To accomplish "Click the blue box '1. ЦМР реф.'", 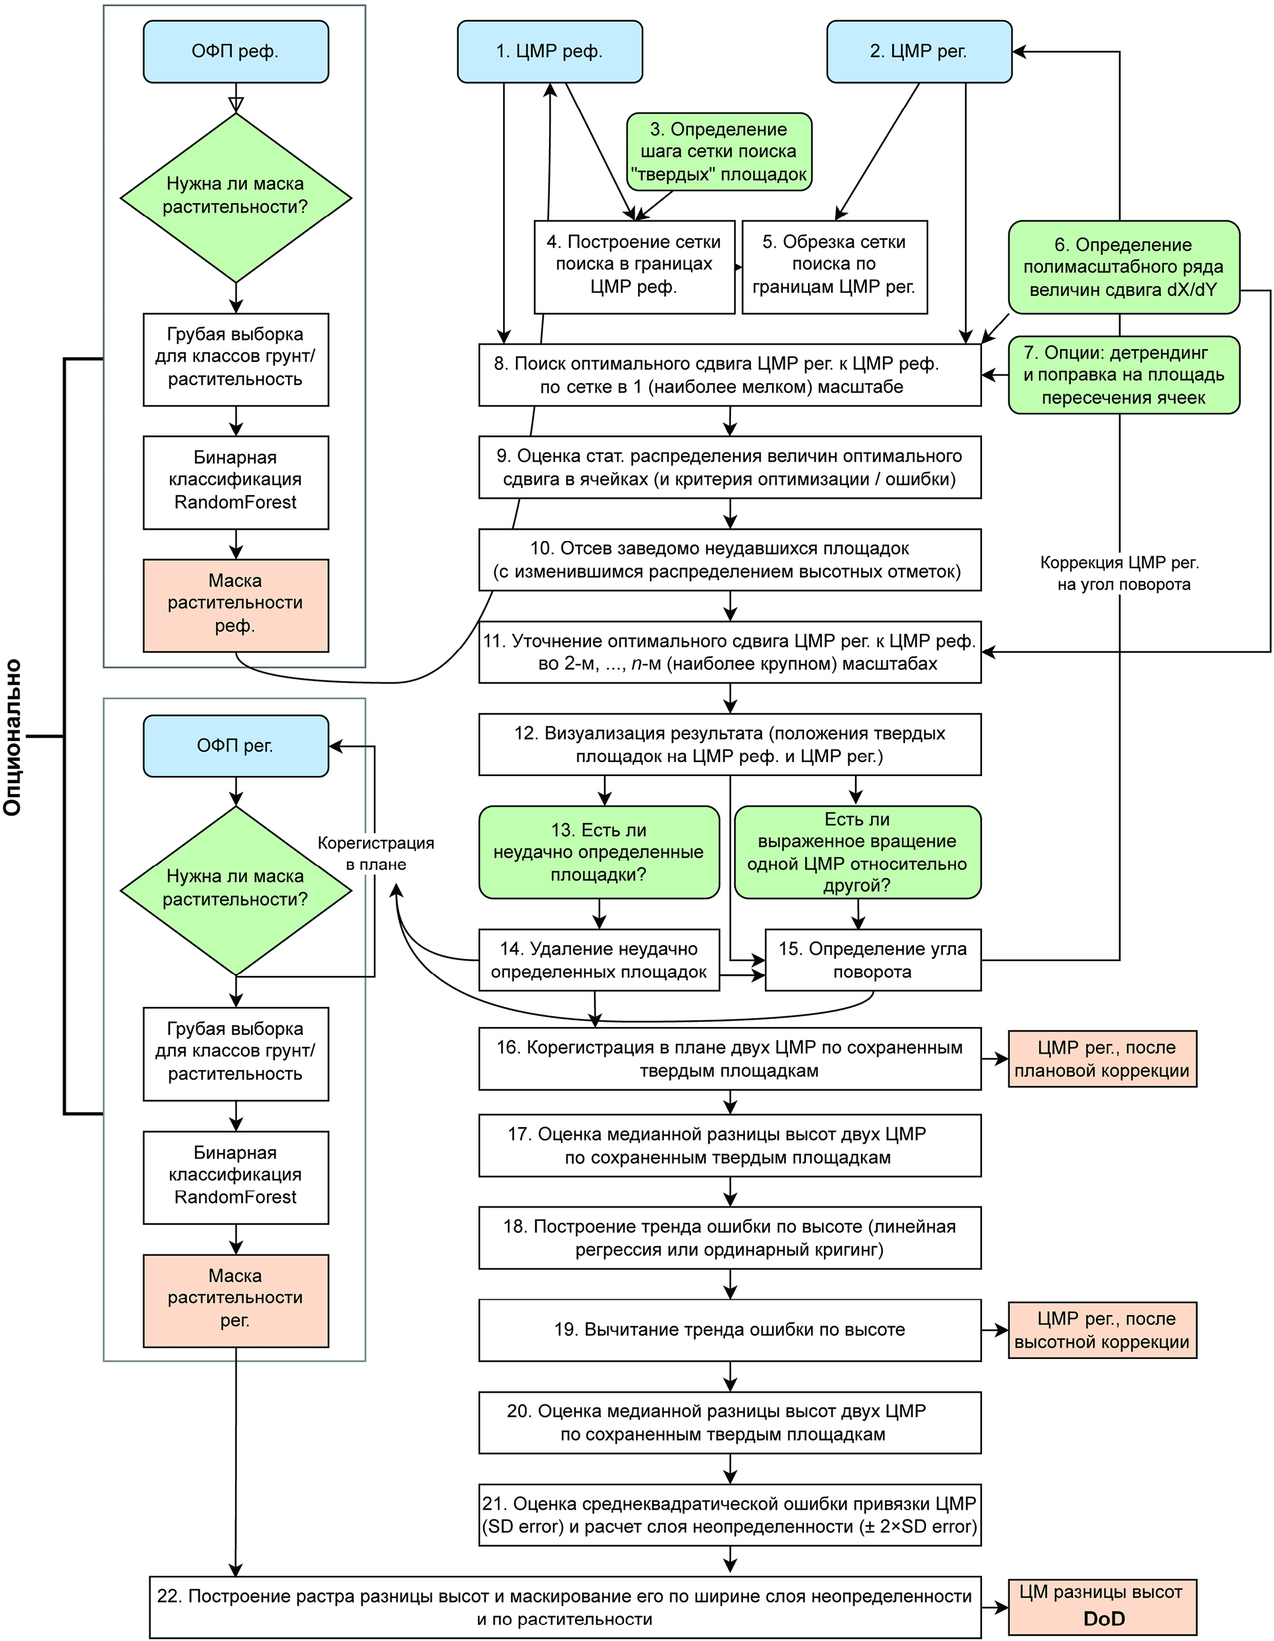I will pyautogui.click(x=550, y=51).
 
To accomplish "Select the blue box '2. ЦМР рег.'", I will pyautogui.click(x=918, y=51).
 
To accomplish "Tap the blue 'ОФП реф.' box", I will pyautogui.click(x=235, y=51).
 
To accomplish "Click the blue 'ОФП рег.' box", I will pyautogui.click(x=235, y=745).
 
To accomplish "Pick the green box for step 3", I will pyautogui.click(x=719, y=152).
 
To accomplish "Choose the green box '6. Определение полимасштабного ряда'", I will pyautogui.click(x=1123, y=267).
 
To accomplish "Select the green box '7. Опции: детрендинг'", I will pyautogui.click(x=1123, y=375).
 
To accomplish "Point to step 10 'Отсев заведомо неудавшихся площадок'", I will pyautogui.click(x=730, y=560).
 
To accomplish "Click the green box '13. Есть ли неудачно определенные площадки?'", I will pyautogui.click(x=599, y=852).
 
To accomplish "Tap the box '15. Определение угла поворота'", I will pyautogui.click(x=872, y=961).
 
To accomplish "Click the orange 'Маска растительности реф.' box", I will pyautogui.click(x=235, y=605).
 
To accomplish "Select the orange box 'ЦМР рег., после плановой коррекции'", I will pyautogui.click(x=1102, y=1059).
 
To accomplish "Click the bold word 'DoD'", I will pyautogui.click(x=1104, y=1618).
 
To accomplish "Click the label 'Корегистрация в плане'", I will pyautogui.click(x=376, y=854).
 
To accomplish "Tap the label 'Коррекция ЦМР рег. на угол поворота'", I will pyautogui.click(x=1120, y=574).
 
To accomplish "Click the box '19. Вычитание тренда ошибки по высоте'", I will pyautogui.click(x=730, y=1330).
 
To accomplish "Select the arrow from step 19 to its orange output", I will pyautogui.click(x=995, y=1330).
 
